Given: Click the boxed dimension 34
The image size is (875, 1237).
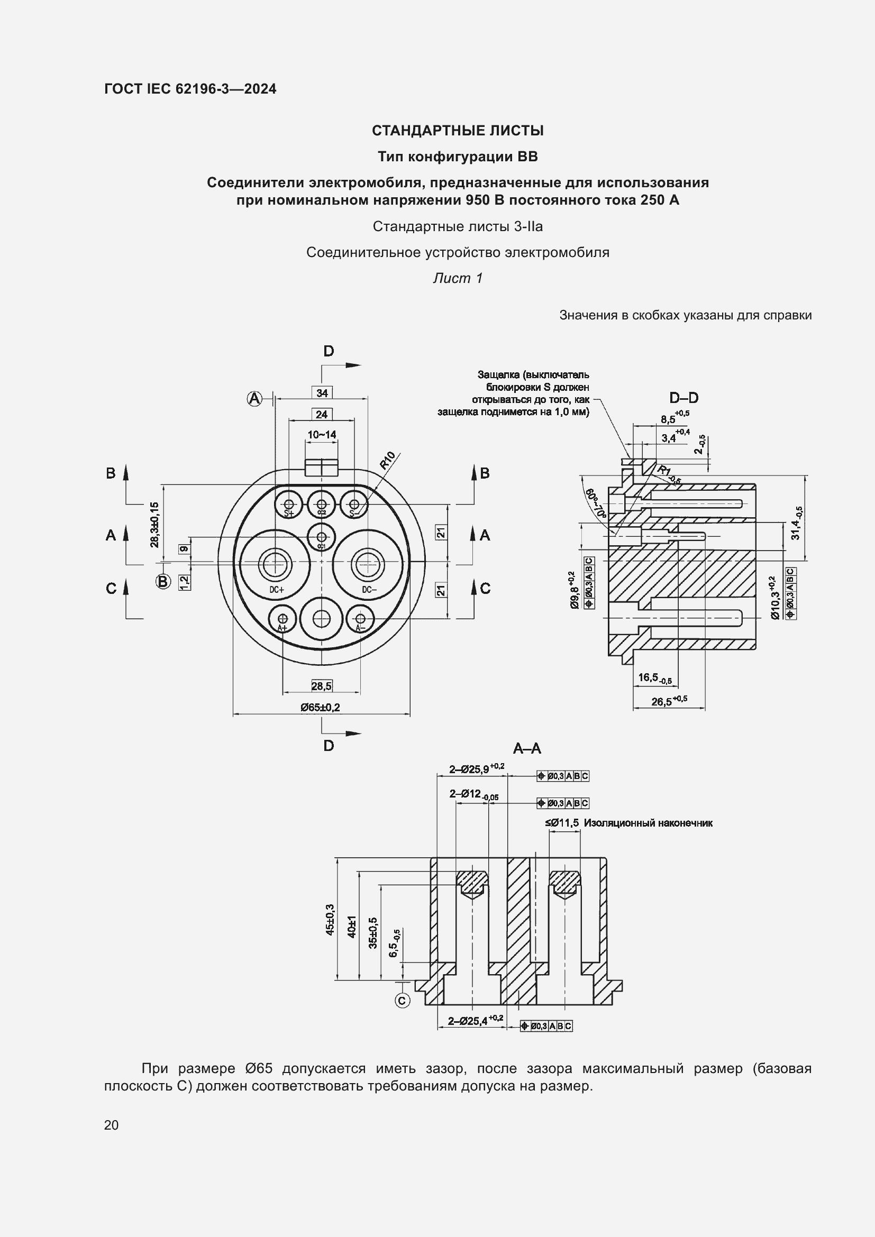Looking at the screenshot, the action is (322, 393).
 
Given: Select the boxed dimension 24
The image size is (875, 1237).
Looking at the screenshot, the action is (322, 414).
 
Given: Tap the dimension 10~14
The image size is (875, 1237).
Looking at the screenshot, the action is (322, 434).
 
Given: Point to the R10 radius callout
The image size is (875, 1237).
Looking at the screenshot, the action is (387, 461).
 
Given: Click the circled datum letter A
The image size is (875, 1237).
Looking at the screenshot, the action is (254, 399).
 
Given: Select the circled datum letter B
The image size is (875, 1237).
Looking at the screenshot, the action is (163, 581).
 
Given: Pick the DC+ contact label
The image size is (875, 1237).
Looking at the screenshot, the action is (277, 590).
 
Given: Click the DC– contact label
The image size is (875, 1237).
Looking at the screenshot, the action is (369, 590).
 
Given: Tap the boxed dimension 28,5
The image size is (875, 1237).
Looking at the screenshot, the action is (322, 686).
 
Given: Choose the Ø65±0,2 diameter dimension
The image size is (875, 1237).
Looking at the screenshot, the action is (321, 707).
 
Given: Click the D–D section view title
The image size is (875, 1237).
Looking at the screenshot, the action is (683, 398).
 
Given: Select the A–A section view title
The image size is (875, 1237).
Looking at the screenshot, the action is (527, 748).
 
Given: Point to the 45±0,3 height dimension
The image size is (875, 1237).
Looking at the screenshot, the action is (330, 919).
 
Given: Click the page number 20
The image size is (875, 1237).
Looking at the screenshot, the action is (111, 1125).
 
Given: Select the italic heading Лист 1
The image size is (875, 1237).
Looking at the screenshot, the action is (458, 278).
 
